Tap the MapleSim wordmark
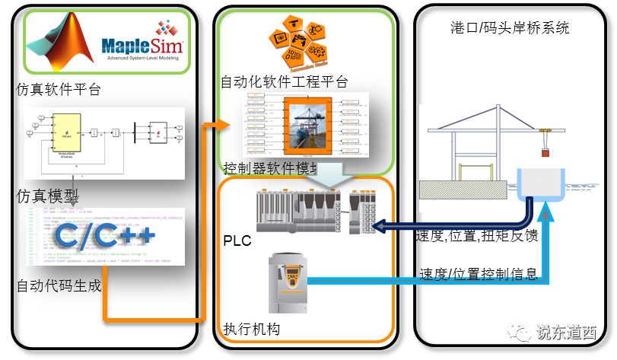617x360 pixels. pyautogui.click(x=142, y=43)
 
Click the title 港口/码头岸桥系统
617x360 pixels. pyautogui.click(x=510, y=28)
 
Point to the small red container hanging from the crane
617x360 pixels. pyautogui.click(x=545, y=151)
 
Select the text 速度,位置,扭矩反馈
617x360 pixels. pyautogui.click(x=478, y=235)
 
